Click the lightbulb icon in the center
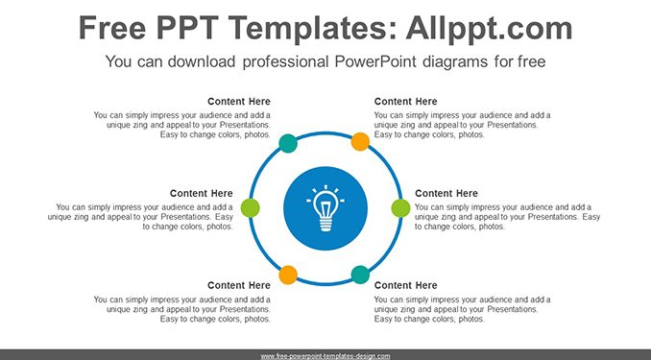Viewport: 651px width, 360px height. (x=325, y=208)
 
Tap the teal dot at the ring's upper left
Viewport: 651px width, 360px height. (x=288, y=143)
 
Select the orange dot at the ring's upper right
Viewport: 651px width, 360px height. (x=360, y=141)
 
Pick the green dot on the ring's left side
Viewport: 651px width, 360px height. (x=251, y=207)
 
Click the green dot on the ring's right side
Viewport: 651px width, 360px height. (x=400, y=208)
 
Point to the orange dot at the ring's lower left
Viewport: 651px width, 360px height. (x=288, y=275)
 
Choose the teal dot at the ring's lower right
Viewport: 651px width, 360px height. (x=360, y=275)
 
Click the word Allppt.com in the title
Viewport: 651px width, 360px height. (x=489, y=29)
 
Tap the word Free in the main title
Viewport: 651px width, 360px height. (x=112, y=28)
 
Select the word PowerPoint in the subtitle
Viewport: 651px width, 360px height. (x=375, y=61)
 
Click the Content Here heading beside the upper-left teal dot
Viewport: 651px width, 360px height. (x=239, y=102)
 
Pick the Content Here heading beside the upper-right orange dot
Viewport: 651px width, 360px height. (x=405, y=102)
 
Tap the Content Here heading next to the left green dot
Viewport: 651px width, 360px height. (x=202, y=194)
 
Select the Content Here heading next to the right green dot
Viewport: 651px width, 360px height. (x=446, y=194)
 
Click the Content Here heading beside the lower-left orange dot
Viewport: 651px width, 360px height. (x=239, y=286)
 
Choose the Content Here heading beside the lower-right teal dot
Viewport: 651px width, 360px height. (x=405, y=286)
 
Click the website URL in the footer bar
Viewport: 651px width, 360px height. (x=325, y=356)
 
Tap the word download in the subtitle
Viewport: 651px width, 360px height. (x=202, y=61)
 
